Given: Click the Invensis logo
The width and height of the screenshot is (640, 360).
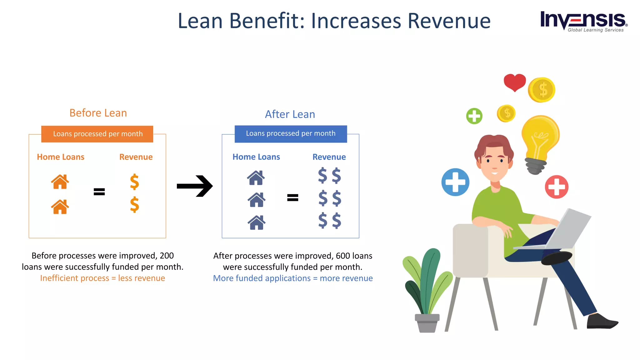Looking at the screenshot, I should (583, 21).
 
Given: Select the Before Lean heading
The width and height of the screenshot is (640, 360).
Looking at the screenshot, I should (98, 113).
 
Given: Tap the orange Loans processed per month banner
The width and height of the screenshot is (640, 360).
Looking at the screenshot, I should (97, 134).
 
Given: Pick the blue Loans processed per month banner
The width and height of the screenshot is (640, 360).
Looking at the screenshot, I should (291, 134).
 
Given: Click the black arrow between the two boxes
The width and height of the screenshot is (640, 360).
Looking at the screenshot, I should (195, 186).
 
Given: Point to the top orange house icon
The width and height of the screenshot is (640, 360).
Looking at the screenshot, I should (60, 182).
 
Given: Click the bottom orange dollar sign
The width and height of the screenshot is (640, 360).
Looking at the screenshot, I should (134, 205).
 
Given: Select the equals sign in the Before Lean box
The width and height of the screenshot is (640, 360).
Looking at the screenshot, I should (99, 192).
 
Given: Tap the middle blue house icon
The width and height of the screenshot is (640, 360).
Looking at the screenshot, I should (257, 200).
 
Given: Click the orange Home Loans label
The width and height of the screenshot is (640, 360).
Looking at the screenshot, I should (61, 157).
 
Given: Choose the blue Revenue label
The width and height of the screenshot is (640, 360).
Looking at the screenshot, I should (329, 157).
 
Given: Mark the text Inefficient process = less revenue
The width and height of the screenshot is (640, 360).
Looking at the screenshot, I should (102, 278).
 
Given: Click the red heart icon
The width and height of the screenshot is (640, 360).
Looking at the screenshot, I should (515, 82).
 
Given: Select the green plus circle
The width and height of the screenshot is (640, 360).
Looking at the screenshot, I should (474, 116).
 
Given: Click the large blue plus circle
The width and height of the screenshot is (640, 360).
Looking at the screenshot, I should (455, 182).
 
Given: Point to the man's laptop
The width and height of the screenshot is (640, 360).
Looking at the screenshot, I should (569, 230).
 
